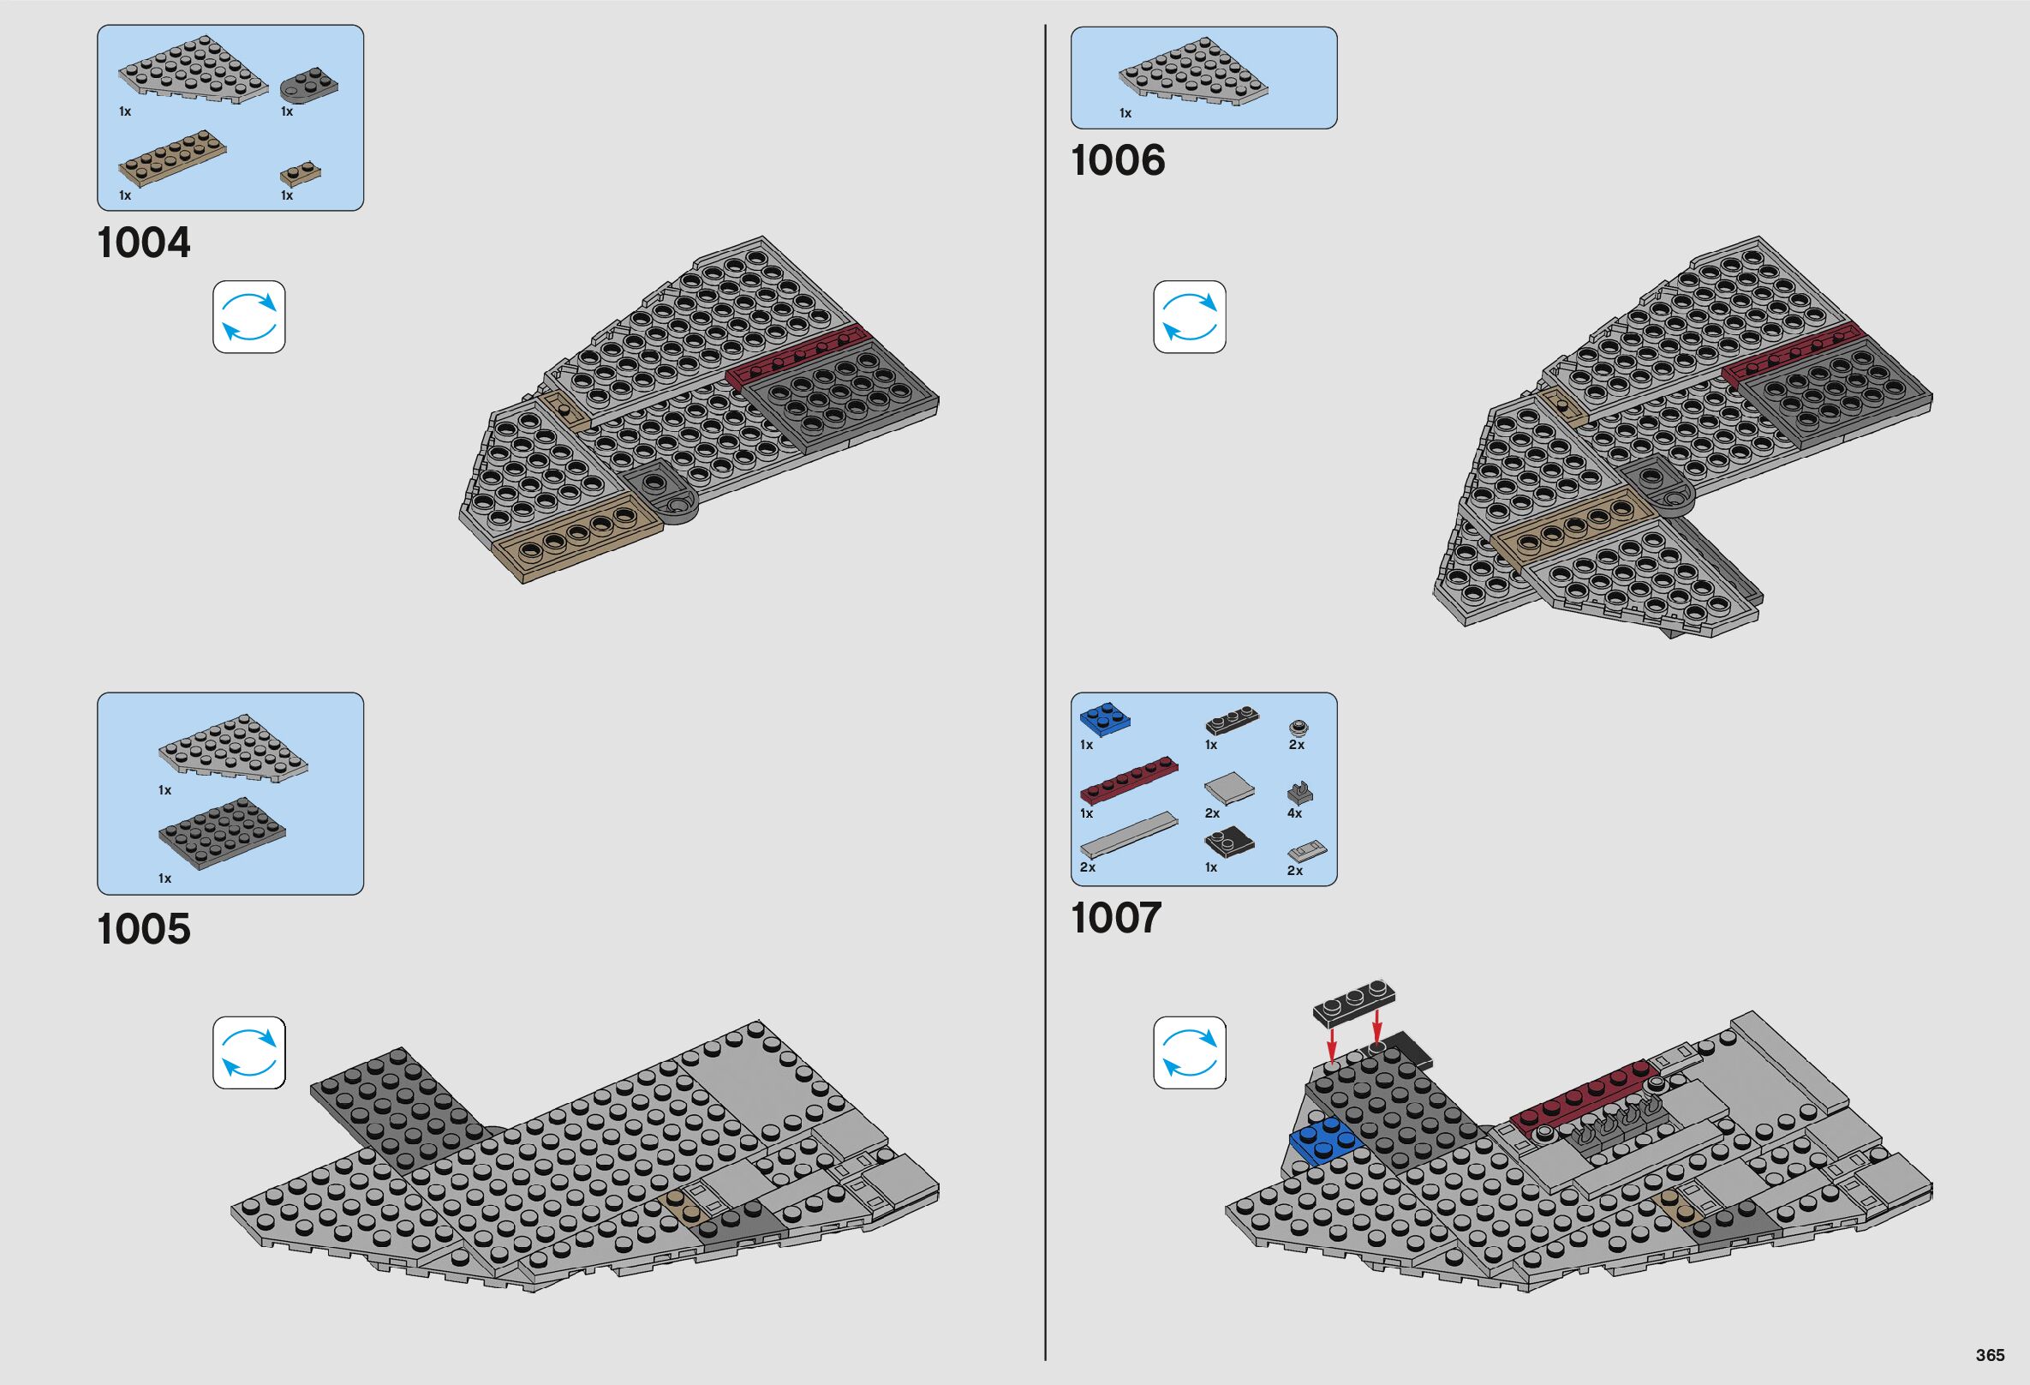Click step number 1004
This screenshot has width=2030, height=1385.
point(144,243)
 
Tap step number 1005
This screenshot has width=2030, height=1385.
point(144,929)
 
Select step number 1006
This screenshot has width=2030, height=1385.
point(1117,161)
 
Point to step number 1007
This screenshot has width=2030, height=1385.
point(1116,919)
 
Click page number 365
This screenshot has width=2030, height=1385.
point(1990,1355)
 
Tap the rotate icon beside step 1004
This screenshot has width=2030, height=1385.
point(249,317)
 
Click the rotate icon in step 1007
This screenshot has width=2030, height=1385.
point(1189,1052)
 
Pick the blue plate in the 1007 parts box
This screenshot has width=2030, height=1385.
point(1104,718)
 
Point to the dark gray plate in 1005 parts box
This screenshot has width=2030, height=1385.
point(222,833)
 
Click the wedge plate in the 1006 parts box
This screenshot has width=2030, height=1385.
point(1192,77)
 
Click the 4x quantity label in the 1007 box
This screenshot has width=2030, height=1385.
point(1294,813)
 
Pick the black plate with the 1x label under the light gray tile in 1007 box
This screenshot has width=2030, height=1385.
point(1229,841)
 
